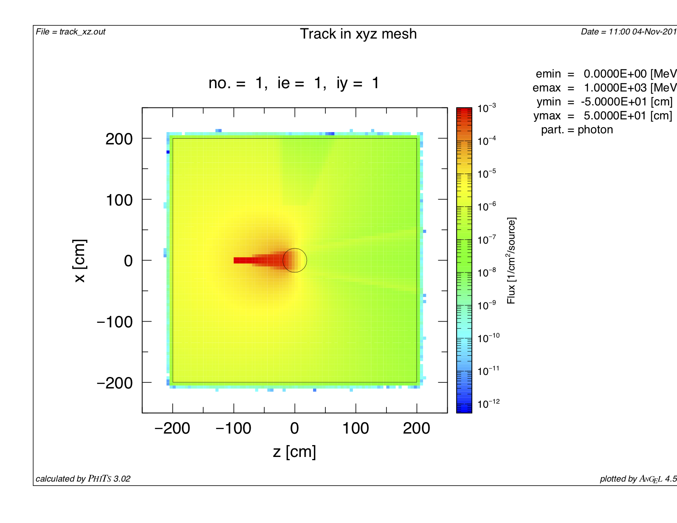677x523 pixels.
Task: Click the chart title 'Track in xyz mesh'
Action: coord(358,34)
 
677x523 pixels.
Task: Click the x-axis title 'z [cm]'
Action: coord(294,452)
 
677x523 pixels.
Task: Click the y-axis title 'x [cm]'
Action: coord(80,260)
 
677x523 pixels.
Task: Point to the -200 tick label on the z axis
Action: coord(172,429)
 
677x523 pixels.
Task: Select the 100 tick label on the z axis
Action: coord(355,429)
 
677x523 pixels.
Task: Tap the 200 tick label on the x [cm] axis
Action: coord(119,139)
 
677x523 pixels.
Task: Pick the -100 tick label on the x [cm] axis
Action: coord(114,322)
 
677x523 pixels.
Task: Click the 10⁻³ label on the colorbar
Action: coord(487,108)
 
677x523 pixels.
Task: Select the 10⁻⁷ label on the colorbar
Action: coord(487,240)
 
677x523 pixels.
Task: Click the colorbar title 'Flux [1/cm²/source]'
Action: coord(511,260)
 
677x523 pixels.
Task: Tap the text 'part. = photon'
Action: coord(577,130)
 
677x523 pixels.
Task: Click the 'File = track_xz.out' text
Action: coord(71,32)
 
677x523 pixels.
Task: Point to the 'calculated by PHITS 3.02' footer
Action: coord(83,479)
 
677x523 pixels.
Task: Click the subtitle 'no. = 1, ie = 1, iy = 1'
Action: coord(294,83)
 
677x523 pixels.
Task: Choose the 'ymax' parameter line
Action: coord(603,116)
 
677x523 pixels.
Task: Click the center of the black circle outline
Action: coord(295,260)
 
